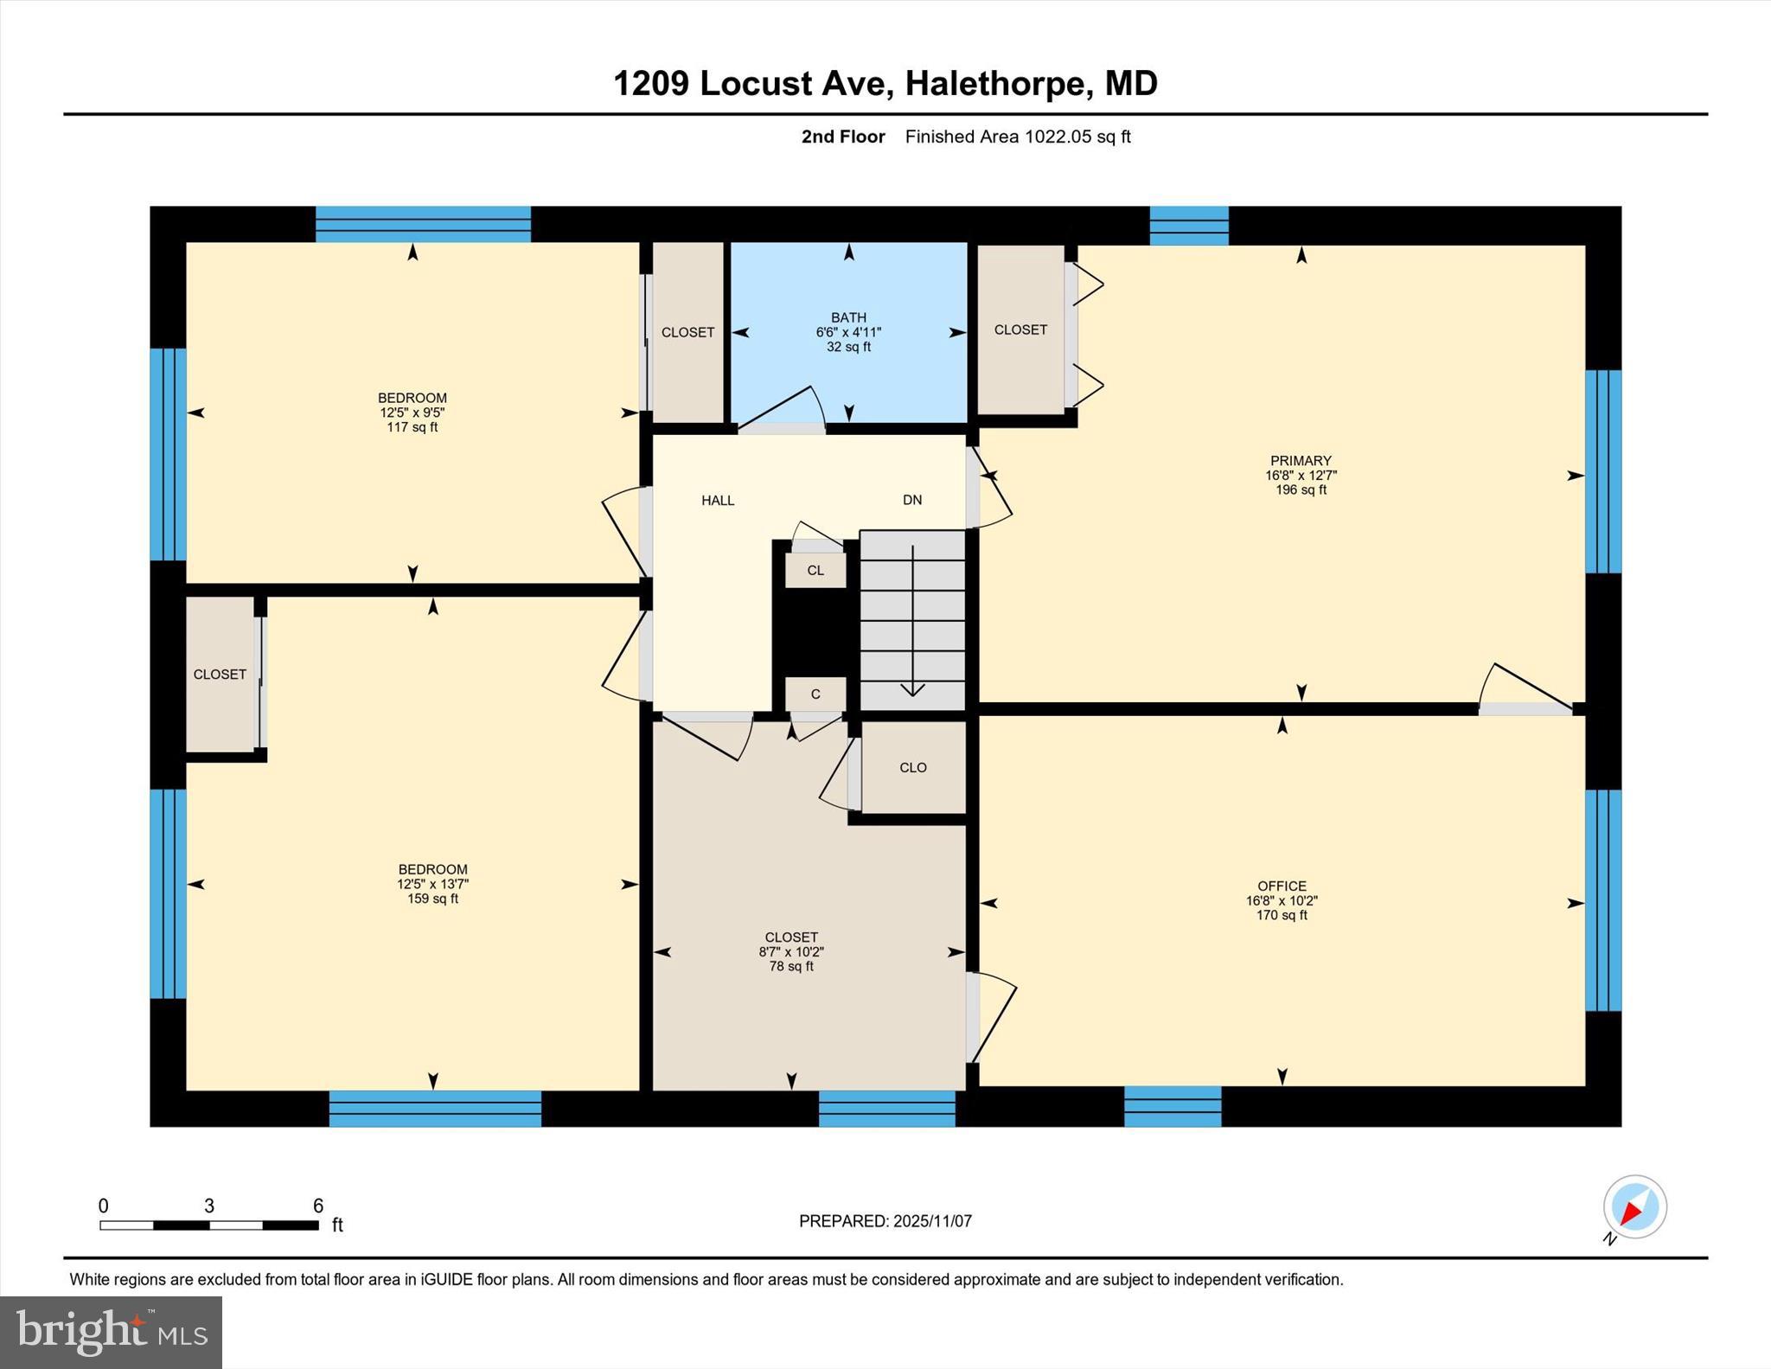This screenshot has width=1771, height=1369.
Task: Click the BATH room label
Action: click(848, 317)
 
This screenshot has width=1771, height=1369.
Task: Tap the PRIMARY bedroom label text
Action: click(1300, 461)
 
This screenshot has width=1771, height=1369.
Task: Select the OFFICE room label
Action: click(1281, 886)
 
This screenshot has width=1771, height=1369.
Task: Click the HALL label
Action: click(717, 500)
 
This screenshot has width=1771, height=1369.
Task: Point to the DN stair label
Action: click(911, 500)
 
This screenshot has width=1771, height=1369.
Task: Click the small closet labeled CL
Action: click(815, 571)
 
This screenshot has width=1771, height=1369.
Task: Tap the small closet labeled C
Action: click(815, 694)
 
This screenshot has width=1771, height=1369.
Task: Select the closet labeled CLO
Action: click(912, 767)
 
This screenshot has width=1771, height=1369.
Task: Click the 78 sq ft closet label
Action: click(790, 951)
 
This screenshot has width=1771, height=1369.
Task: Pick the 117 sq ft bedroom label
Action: click(412, 413)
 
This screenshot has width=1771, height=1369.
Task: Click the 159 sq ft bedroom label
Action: click(432, 884)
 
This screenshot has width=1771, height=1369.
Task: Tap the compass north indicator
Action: click(1634, 1207)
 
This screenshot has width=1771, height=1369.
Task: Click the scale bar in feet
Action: click(208, 1224)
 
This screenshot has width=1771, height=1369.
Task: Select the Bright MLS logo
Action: click(111, 1332)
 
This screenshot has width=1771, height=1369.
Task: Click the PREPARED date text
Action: click(885, 1221)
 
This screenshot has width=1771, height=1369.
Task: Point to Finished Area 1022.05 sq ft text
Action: click(1017, 137)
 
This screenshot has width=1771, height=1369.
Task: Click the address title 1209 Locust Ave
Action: click(885, 84)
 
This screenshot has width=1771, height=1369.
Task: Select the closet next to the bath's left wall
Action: click(687, 332)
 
